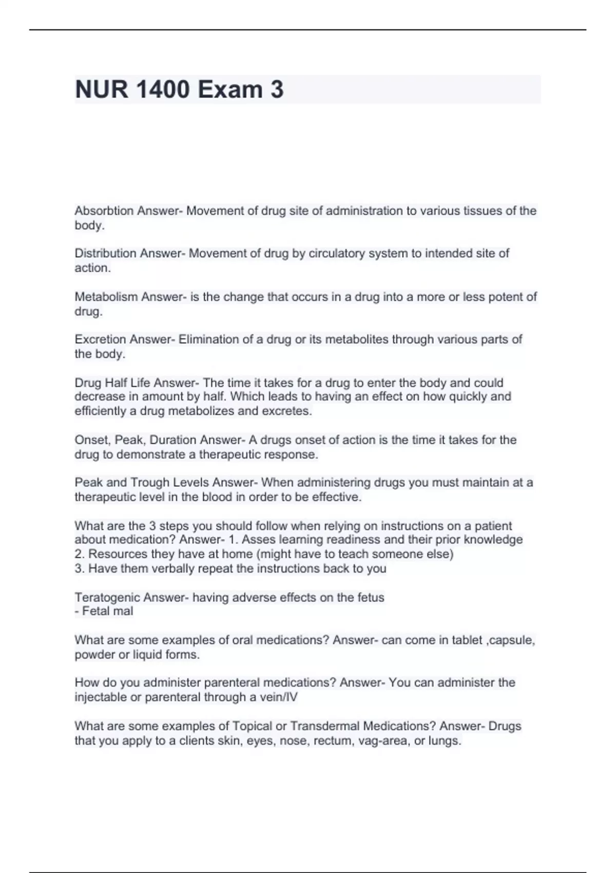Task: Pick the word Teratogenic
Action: click(x=107, y=598)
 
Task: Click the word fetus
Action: click(x=371, y=598)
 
